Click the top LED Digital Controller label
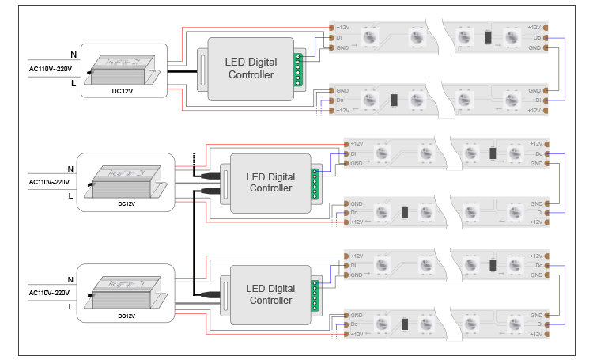pyautogui.click(x=250, y=69)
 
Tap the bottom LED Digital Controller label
pyautogui.click(x=270, y=294)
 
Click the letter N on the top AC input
pyautogui.click(x=74, y=55)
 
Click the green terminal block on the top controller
pyautogui.click(x=298, y=69)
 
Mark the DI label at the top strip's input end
pyautogui.click(x=339, y=37)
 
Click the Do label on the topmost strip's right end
pyautogui.click(x=537, y=37)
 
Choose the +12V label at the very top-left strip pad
pyautogui.click(x=342, y=27)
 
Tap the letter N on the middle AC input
pyautogui.click(x=70, y=169)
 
